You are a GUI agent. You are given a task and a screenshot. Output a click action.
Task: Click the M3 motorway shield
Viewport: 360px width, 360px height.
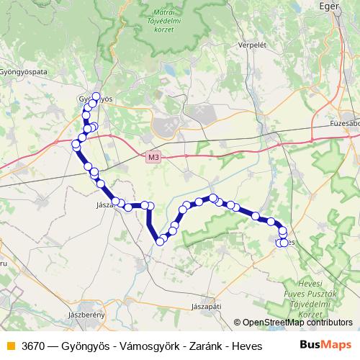click(x=152, y=156)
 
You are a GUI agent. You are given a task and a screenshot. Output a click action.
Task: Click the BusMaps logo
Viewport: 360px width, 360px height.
click(x=326, y=345)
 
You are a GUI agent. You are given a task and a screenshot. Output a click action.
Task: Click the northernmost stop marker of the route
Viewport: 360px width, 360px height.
click(x=96, y=96)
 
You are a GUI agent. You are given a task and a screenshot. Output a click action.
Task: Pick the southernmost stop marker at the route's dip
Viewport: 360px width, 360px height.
click(x=160, y=241)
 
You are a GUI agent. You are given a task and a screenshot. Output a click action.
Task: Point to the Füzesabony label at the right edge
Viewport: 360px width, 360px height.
click(x=345, y=122)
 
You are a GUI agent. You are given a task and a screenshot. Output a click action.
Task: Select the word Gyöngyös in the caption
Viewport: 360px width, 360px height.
click(x=89, y=346)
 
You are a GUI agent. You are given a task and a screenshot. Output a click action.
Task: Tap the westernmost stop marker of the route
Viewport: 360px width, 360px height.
click(x=76, y=145)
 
